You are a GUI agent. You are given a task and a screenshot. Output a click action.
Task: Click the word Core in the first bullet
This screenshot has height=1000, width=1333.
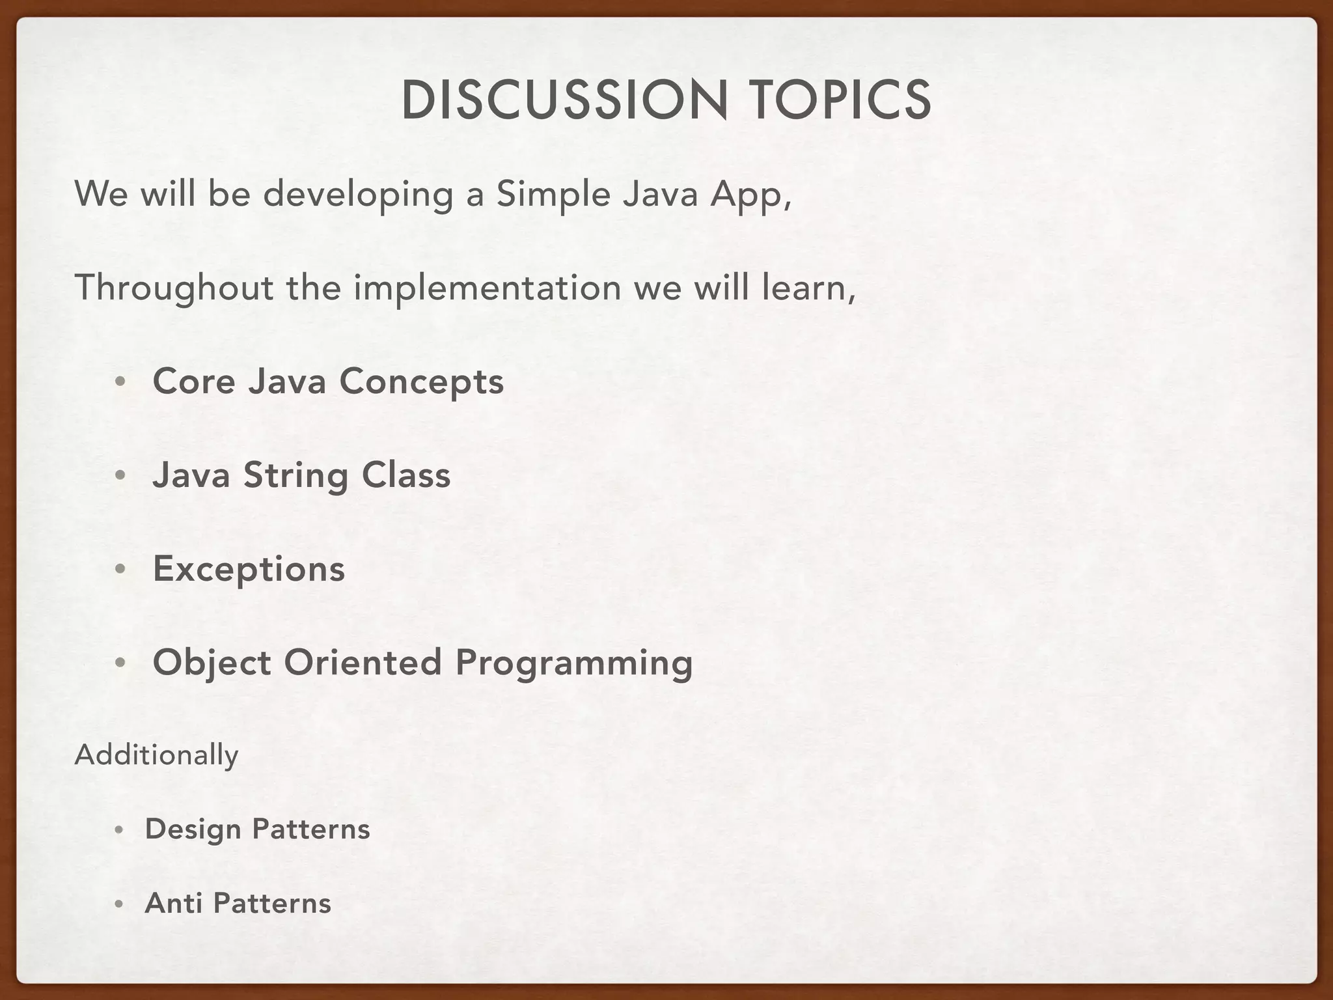click(193, 382)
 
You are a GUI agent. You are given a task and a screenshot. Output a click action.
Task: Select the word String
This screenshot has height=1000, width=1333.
click(295, 476)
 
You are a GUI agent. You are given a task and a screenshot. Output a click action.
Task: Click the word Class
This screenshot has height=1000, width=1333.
click(406, 475)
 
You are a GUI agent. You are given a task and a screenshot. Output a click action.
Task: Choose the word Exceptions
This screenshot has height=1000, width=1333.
click(249, 570)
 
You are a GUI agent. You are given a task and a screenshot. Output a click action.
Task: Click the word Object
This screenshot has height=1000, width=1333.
click(212, 663)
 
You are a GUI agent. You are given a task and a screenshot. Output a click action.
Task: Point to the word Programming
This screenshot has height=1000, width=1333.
click(573, 663)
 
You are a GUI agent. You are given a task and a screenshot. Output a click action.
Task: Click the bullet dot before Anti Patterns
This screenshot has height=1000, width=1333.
click(118, 905)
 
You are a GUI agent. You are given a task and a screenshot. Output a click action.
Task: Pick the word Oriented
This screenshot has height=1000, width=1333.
click(363, 662)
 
